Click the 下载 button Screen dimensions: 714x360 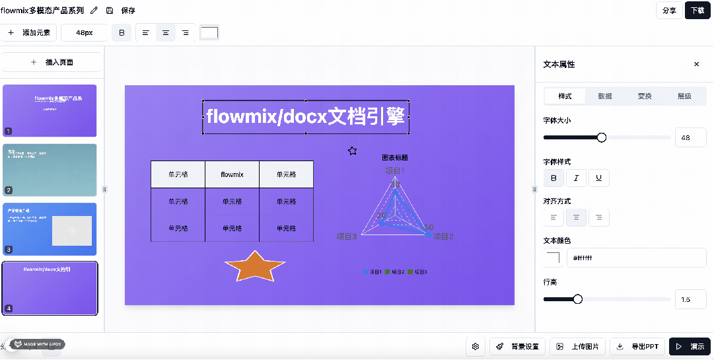point(697,11)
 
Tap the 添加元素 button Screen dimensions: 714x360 point(29,32)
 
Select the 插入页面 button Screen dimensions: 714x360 point(52,62)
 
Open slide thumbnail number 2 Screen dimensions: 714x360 point(50,170)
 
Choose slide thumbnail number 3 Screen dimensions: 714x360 point(50,229)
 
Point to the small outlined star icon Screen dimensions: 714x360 point(353,151)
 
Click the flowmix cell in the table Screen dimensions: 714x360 point(232,174)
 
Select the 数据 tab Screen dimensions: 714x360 point(605,96)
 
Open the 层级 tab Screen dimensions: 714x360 point(684,96)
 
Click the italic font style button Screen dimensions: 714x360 point(576,178)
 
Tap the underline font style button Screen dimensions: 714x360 point(598,178)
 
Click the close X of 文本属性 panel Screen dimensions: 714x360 point(696,64)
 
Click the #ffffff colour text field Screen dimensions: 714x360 point(635,258)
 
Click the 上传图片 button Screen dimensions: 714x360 point(579,346)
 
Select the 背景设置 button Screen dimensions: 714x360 point(518,346)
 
